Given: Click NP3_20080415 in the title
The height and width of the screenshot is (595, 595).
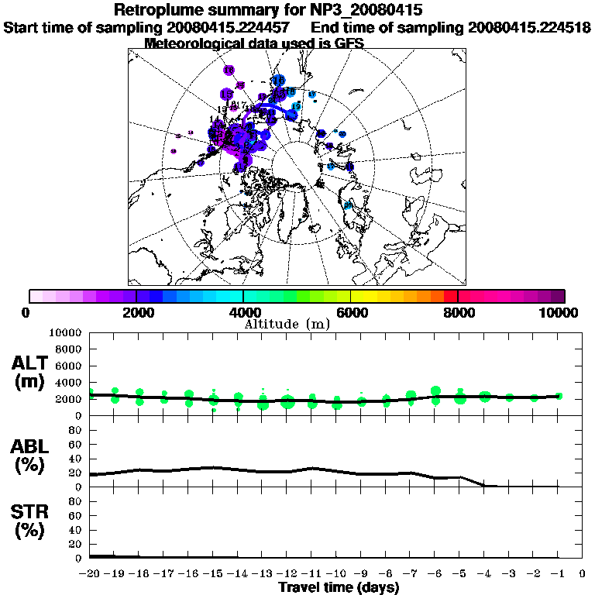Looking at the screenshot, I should click(x=368, y=11).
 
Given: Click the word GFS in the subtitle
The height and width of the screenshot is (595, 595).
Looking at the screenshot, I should click(x=348, y=43).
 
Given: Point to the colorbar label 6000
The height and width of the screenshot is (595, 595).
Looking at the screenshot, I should click(x=350, y=313).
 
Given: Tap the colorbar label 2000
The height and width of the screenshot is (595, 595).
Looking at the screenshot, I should click(x=136, y=313).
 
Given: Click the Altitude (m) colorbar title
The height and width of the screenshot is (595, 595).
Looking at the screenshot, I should click(x=287, y=324).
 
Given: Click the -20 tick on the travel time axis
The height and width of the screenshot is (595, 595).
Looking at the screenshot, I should click(x=90, y=575).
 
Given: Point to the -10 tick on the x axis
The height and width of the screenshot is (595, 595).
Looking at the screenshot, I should click(x=336, y=575).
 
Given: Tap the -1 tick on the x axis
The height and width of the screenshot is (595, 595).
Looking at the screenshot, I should click(x=558, y=575).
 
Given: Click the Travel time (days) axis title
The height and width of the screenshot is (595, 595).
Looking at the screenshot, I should click(x=339, y=588).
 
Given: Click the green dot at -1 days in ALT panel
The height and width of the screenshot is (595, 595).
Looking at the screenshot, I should click(x=559, y=396).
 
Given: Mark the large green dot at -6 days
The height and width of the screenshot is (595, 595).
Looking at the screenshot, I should click(x=435, y=391).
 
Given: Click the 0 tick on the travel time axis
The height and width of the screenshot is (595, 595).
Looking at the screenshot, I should click(x=583, y=575).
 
